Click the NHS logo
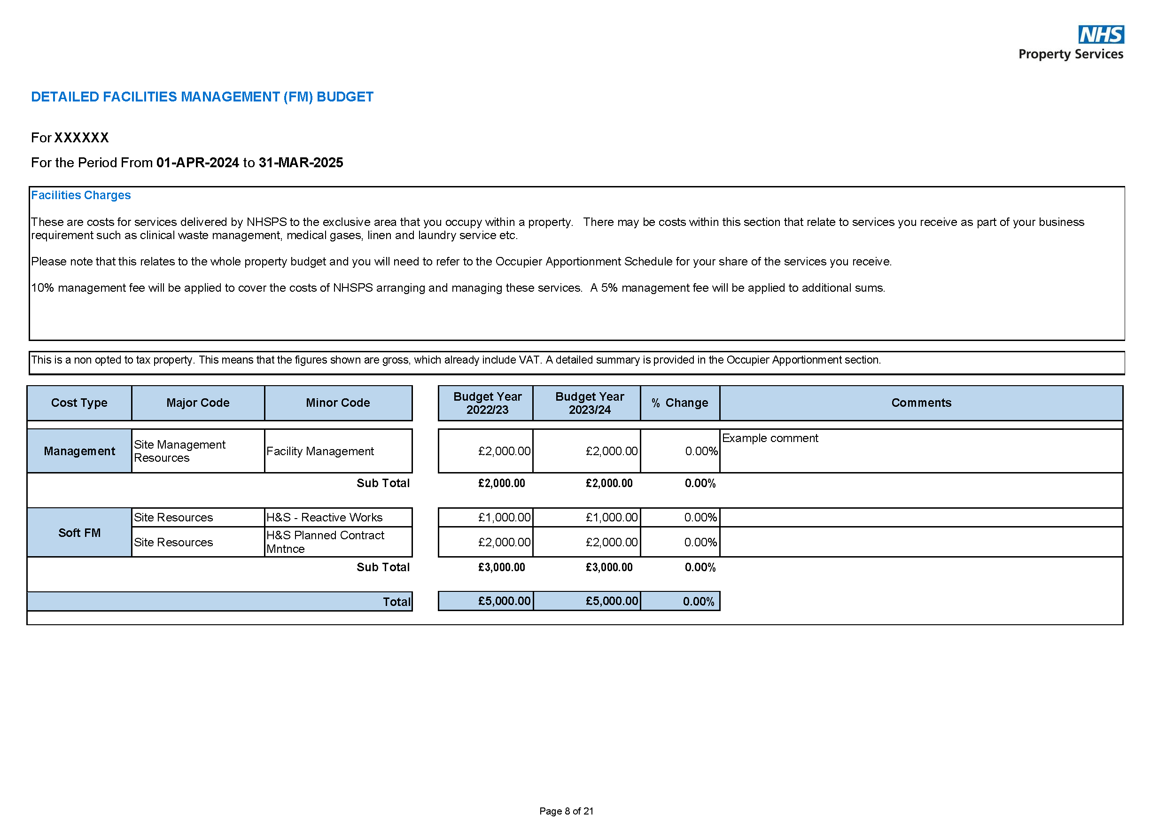coord(1101,35)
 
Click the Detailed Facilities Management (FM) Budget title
coord(202,97)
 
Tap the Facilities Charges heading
coord(81,195)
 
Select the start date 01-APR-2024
coord(197,163)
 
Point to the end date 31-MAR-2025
coord(301,163)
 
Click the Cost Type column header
coord(79,403)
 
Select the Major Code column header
coord(198,403)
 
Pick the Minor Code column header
coord(338,403)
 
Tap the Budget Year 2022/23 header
coord(487,403)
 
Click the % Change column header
coord(679,403)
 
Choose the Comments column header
coord(921,403)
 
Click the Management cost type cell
coord(79,451)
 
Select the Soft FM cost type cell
coord(79,533)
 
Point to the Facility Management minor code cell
coord(320,451)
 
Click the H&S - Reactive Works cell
coord(324,517)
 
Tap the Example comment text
coord(770,438)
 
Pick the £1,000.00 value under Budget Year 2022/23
coord(504,517)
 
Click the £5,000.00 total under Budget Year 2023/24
coord(611,601)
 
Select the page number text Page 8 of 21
coord(567,811)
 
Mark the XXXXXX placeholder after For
coord(81,138)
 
